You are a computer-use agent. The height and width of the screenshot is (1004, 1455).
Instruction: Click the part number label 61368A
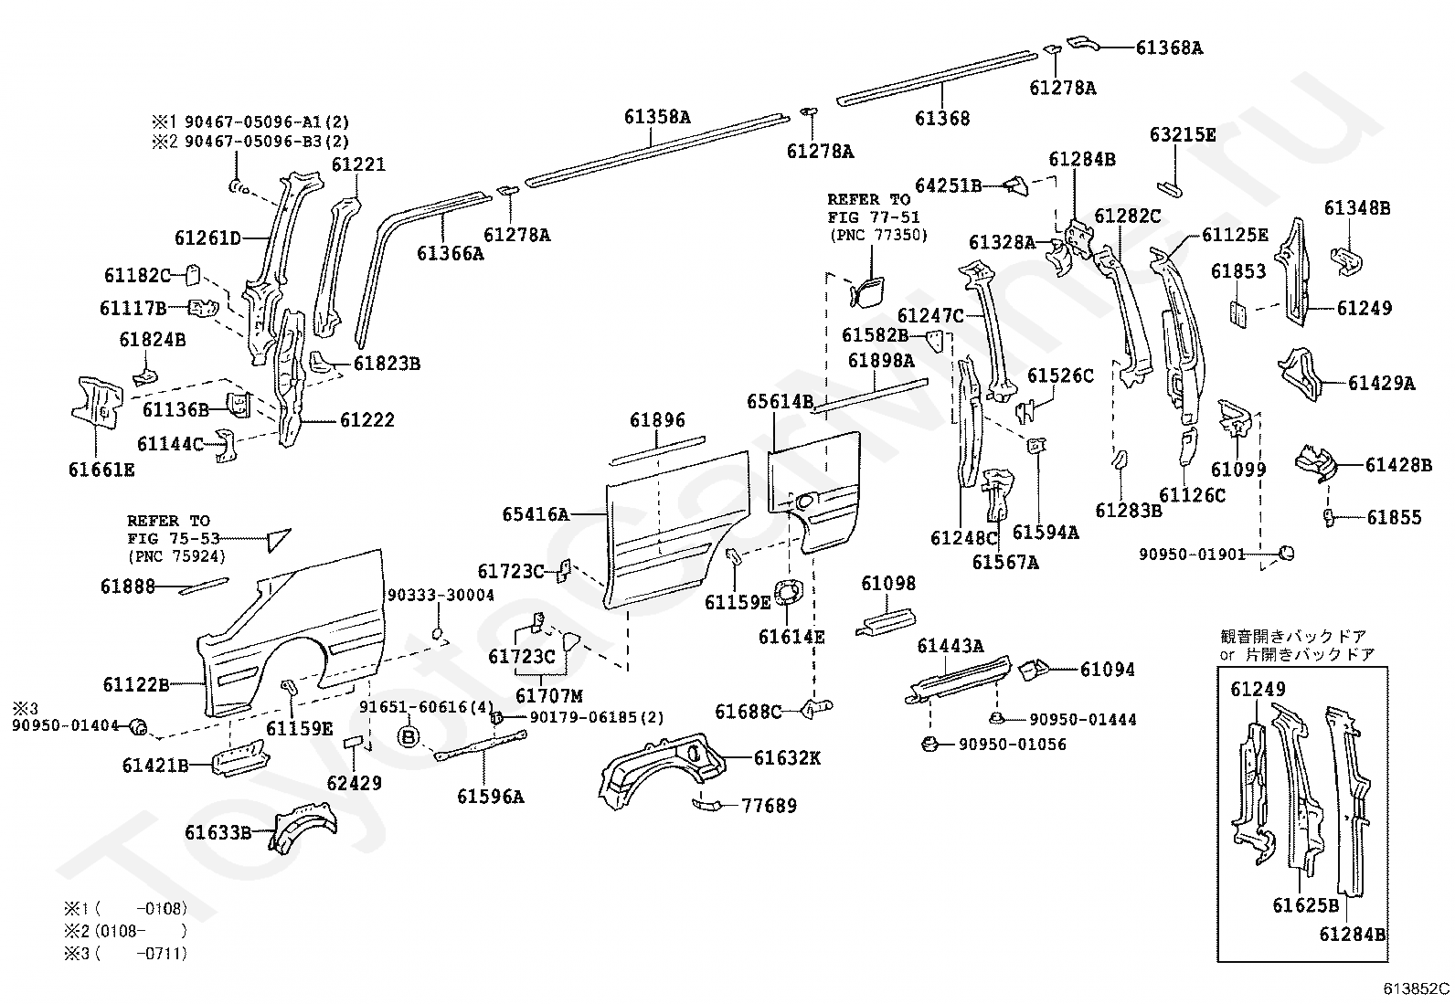(1169, 47)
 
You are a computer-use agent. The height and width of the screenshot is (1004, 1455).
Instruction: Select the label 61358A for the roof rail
(657, 117)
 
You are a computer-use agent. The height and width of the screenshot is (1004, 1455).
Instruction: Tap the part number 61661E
(101, 470)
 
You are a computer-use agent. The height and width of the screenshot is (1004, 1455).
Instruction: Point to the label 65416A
(535, 514)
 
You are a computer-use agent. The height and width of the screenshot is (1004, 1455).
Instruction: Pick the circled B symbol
(409, 735)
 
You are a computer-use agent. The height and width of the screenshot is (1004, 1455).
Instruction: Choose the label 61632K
(787, 757)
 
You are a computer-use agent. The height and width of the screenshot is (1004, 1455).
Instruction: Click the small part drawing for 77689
(707, 803)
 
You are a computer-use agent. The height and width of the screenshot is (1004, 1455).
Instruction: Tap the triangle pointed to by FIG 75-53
(277, 539)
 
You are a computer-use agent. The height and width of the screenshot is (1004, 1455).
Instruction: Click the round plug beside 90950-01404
(139, 727)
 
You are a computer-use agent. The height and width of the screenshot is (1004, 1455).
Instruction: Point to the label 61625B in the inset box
(1305, 905)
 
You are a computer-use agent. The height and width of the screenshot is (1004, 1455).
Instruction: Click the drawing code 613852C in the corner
(1416, 988)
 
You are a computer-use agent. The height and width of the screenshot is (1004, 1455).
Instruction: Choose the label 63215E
(1183, 135)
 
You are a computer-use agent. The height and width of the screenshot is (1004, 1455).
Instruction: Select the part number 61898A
(880, 361)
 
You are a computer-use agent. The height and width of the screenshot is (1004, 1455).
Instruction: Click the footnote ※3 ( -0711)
(125, 954)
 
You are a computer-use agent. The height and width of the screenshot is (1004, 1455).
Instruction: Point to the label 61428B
(1398, 465)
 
